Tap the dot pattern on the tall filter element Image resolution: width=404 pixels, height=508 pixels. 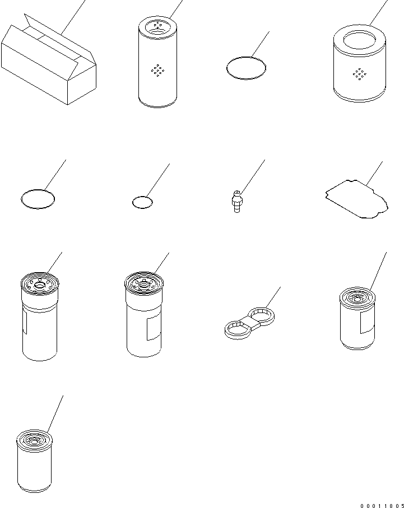point(158,70)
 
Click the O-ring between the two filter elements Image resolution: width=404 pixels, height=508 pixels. point(245,68)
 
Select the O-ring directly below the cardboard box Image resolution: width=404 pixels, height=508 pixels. point(38,199)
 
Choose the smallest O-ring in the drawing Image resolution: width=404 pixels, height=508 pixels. point(142,202)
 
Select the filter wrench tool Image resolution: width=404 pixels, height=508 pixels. point(249,321)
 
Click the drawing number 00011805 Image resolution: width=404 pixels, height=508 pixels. point(382,504)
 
